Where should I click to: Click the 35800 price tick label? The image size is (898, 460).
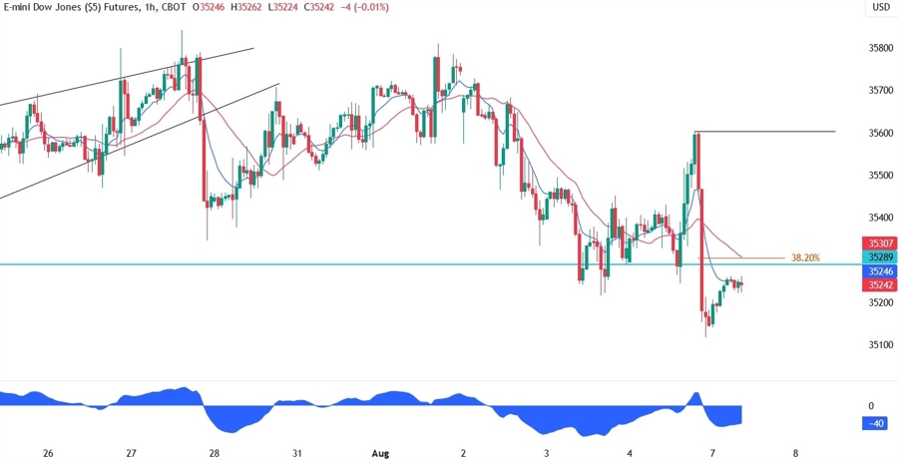tap(880, 48)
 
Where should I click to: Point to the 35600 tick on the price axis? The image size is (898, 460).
tap(880, 133)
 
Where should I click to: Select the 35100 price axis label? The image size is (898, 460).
tap(880, 345)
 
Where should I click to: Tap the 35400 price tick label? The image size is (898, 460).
tap(880, 218)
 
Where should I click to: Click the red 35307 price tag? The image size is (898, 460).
tap(880, 243)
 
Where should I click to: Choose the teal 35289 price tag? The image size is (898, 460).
tap(880, 257)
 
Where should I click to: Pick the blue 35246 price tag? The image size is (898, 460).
tap(880, 271)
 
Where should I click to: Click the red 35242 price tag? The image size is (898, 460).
tap(880, 284)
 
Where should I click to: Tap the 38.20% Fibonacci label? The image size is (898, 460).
tap(805, 257)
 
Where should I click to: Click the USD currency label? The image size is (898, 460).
tap(881, 8)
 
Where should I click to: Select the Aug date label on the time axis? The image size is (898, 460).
tap(380, 453)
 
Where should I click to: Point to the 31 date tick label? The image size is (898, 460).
tap(297, 453)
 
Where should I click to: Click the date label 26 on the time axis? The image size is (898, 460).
tap(48, 453)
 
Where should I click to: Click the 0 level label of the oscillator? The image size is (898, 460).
tap(871, 406)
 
